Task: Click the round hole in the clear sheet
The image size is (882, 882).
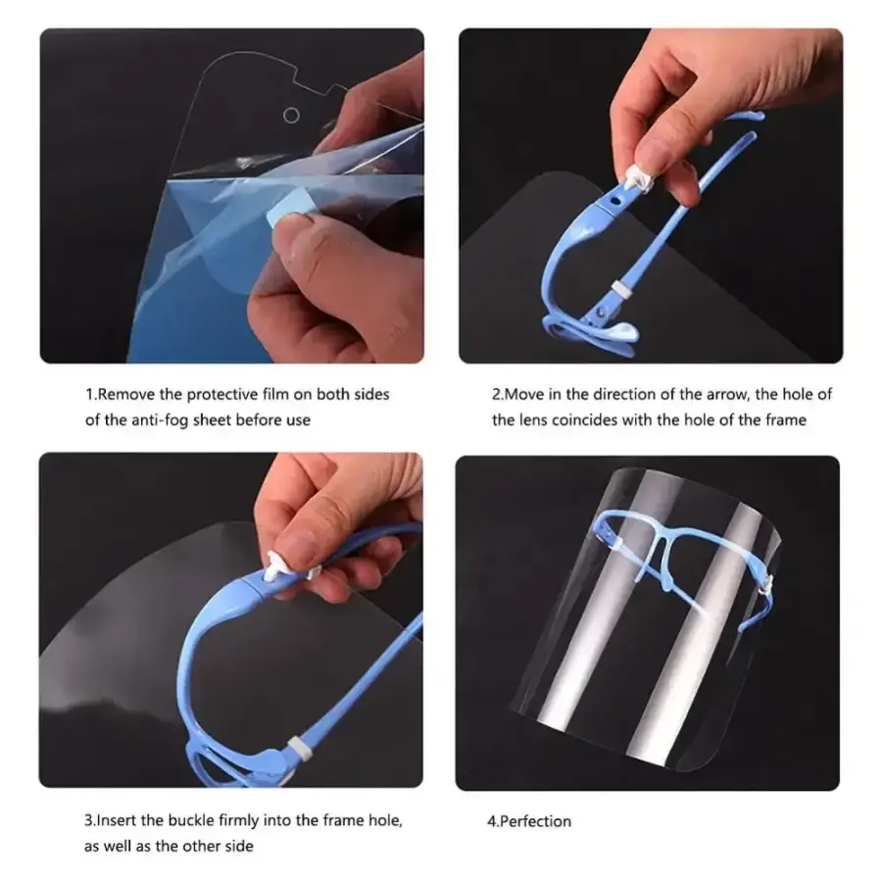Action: [291, 116]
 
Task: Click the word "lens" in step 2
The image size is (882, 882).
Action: [533, 420]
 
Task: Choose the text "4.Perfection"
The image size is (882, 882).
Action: [529, 821]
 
